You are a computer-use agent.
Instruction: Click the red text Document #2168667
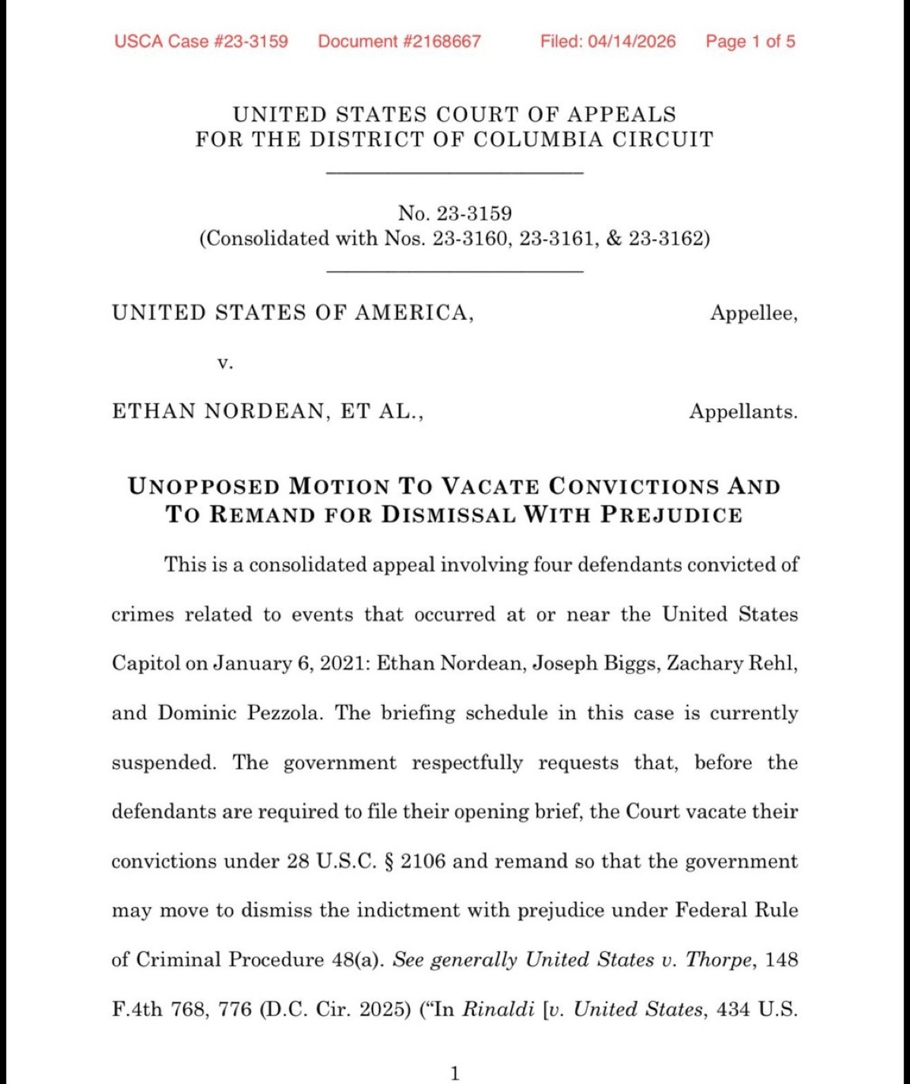coord(399,41)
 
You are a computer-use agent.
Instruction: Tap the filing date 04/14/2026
coord(631,41)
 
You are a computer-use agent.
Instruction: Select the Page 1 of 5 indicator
coord(750,41)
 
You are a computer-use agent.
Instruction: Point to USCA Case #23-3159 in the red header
coord(201,41)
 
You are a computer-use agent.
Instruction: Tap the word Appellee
coord(752,313)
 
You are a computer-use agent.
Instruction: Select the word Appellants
coord(743,412)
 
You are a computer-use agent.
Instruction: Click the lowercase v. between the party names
coord(225,363)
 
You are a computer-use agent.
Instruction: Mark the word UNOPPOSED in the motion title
coord(204,486)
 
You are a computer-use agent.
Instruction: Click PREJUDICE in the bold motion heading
coord(671,514)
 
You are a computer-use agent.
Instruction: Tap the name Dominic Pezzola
coord(239,713)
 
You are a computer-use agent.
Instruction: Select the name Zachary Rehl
coord(731,663)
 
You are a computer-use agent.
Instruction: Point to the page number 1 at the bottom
coord(454,1073)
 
